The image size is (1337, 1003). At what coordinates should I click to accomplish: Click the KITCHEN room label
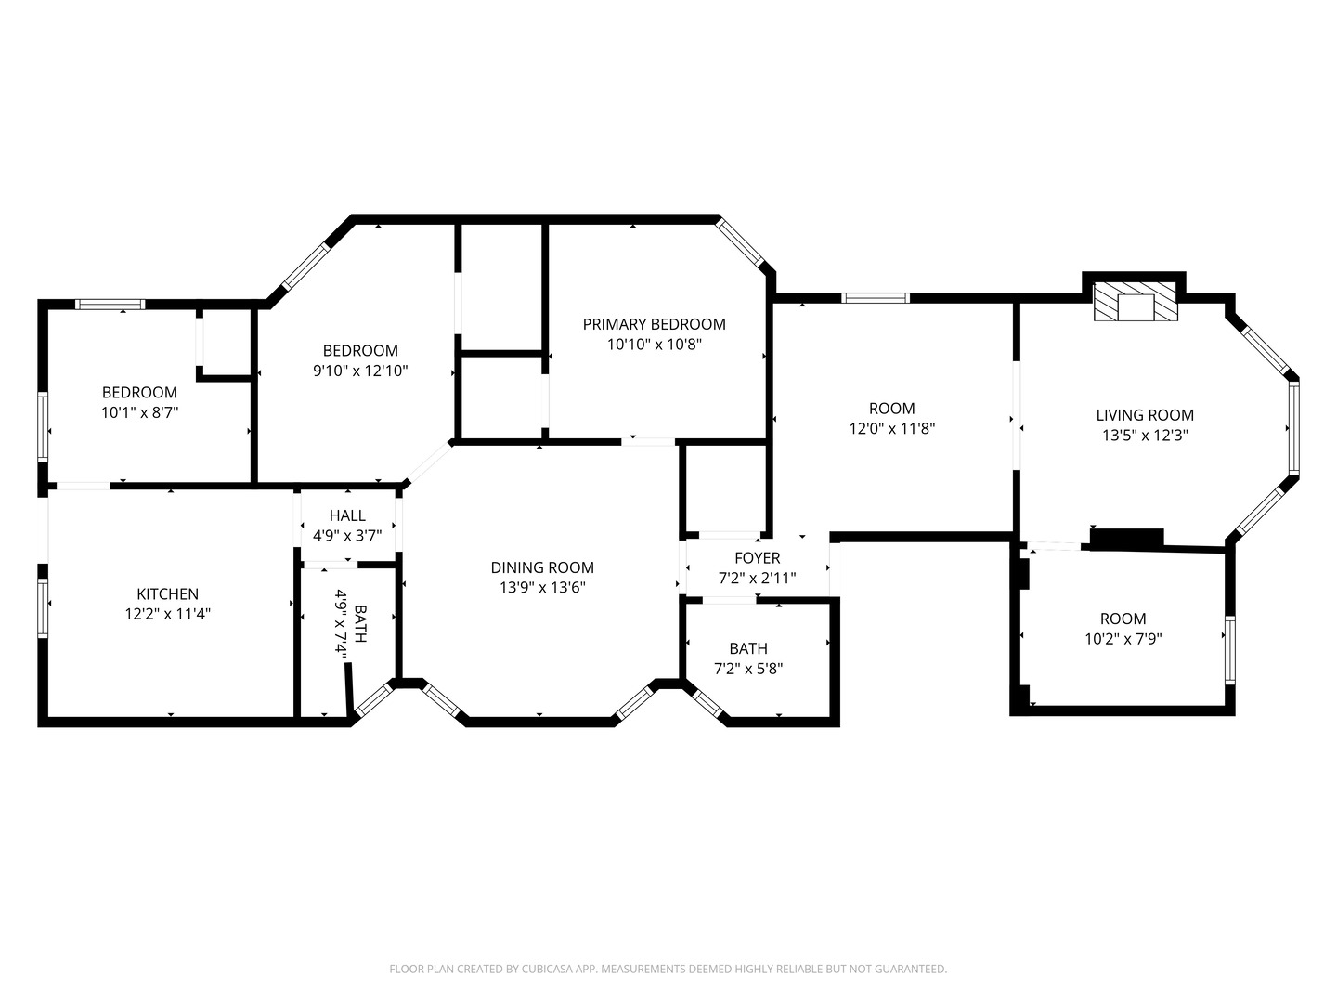167,593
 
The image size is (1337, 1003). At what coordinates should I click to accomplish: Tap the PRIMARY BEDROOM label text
654,324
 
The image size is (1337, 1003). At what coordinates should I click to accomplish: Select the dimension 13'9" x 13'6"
542,588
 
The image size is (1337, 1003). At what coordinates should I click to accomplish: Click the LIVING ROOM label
1144,415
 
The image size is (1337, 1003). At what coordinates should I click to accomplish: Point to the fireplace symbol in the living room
1134,304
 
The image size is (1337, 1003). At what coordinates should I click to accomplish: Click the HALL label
347,515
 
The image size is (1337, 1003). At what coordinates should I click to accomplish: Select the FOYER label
757,557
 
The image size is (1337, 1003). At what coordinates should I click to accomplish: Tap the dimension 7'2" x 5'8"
748,669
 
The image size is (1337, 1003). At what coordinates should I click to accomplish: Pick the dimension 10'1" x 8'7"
139,412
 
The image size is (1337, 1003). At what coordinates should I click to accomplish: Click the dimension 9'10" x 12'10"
360,371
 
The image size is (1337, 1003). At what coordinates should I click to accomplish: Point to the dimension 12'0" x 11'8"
891,429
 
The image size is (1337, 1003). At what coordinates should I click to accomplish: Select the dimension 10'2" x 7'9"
1123,639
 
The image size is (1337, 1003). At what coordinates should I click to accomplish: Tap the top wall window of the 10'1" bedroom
110,304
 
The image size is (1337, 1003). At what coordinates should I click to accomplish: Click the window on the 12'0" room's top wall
875,298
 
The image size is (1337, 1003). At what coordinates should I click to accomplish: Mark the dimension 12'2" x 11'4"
167,614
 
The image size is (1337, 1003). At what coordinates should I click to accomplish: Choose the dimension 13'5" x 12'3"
1144,436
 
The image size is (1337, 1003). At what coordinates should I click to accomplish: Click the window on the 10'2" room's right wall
1229,650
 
